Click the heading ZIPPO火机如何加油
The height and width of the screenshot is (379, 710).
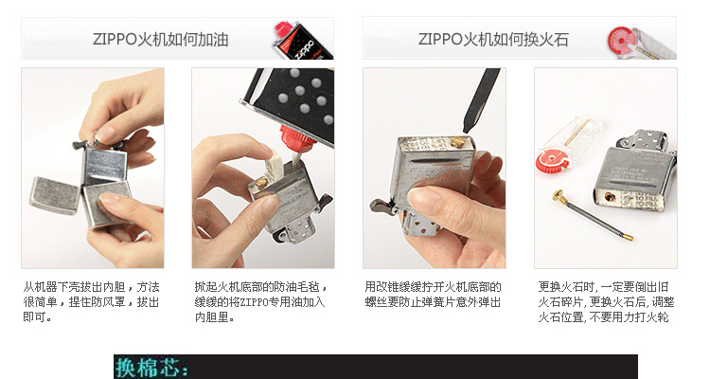pyautogui.click(x=160, y=40)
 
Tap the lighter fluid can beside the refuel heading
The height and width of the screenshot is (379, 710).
pyautogui.click(x=293, y=40)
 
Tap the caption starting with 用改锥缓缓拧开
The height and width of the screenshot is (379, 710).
pyautogui.click(x=433, y=294)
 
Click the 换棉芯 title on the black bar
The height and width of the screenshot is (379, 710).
pyautogui.click(x=151, y=368)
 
